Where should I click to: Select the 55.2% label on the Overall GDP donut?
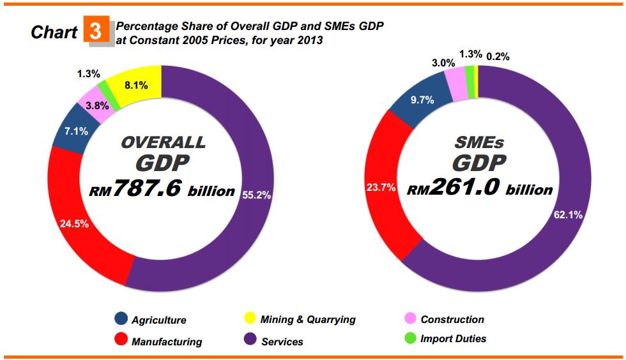coord(257,195)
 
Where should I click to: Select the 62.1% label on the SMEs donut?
coord(568,215)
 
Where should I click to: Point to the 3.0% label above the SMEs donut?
coord(443,63)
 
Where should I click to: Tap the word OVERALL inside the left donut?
coord(164,142)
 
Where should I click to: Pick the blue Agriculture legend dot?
coord(121,318)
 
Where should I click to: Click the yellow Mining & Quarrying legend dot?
coord(250,318)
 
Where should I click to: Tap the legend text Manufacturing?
coord(167,341)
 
